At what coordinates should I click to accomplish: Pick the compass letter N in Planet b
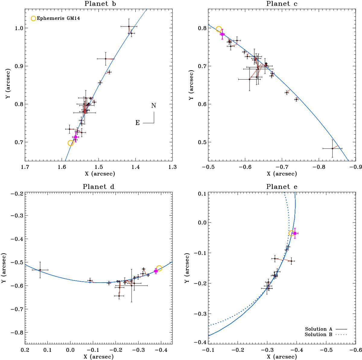[154, 105]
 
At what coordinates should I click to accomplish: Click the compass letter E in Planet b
[138, 123]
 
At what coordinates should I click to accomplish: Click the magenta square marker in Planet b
[75, 137]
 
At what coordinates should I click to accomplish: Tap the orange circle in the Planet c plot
[219, 29]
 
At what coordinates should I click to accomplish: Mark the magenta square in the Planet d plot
[156, 271]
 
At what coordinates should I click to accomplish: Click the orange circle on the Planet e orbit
[291, 233]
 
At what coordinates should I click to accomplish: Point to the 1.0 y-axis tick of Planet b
[18, 28]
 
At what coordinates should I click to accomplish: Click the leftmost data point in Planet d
[40, 270]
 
